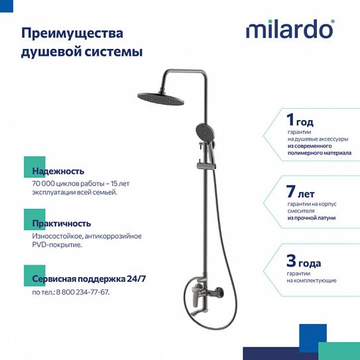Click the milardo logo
point(290,30)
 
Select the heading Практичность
point(61,223)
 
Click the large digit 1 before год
point(289,120)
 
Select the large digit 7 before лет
point(290,193)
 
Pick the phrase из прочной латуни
point(311,217)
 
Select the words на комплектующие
point(312,280)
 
